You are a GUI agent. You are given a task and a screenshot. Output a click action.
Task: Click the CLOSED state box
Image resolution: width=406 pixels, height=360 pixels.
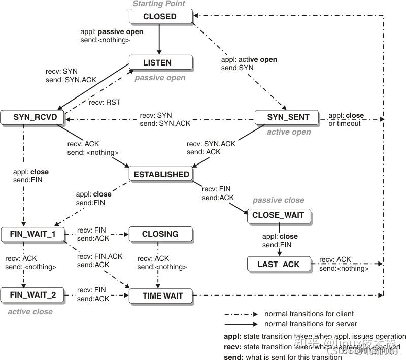click(160, 16)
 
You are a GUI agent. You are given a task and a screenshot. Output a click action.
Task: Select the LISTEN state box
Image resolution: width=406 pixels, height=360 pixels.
click(160, 62)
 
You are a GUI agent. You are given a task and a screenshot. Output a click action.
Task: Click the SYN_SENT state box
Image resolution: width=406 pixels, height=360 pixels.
click(288, 117)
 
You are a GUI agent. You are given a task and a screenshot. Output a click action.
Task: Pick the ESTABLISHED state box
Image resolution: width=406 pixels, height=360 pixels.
click(161, 174)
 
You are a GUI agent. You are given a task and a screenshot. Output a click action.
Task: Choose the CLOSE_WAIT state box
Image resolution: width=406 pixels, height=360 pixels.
click(278, 215)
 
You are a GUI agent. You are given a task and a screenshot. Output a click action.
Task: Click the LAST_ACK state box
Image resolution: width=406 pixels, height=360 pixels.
click(278, 264)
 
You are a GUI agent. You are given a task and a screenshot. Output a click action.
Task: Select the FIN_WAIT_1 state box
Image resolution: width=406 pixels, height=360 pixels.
click(32, 234)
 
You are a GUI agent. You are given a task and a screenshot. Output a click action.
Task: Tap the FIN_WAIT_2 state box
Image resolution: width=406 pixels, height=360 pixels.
click(32, 295)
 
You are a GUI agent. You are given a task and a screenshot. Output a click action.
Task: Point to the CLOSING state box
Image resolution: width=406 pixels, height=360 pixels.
click(160, 234)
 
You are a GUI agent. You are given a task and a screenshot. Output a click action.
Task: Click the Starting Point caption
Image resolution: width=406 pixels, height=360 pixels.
click(159, 4)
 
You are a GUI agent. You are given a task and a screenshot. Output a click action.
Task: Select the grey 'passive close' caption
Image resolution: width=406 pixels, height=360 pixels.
click(278, 200)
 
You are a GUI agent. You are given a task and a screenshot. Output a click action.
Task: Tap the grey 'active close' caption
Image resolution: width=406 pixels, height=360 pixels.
click(30, 311)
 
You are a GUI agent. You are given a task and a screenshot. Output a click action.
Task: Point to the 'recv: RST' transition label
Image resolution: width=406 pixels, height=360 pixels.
click(105, 102)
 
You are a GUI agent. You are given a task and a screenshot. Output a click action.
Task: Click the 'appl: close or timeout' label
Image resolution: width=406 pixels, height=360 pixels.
click(346, 119)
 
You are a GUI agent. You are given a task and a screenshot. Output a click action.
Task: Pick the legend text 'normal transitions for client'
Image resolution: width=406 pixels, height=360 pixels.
click(309, 314)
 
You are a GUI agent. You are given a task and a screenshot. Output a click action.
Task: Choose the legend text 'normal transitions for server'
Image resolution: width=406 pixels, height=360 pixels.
click(311, 324)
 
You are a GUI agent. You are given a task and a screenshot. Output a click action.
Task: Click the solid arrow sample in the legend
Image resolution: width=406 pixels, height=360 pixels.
click(241, 324)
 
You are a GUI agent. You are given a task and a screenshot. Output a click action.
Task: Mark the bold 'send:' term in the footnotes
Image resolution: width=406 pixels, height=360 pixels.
click(233, 357)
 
